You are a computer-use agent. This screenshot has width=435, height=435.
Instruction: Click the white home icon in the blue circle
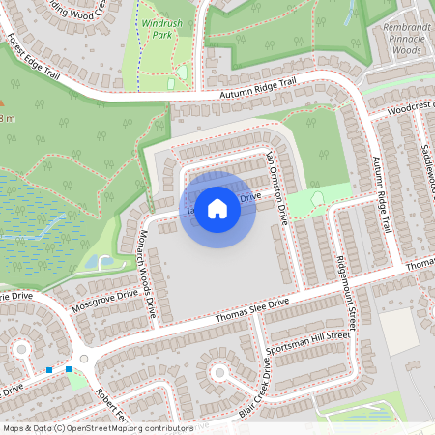[x=217, y=208]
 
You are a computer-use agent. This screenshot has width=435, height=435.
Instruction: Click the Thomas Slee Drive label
[x=252, y=310]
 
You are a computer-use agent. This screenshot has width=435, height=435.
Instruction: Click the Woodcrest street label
[x=411, y=108]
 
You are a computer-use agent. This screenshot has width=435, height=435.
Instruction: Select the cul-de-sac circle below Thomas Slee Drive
[x=218, y=371]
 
